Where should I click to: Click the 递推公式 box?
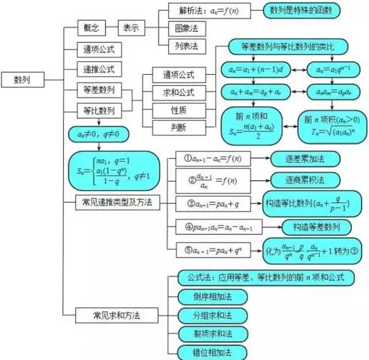point(99,70)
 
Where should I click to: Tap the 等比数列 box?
point(99,110)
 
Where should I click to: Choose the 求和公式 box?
point(178,92)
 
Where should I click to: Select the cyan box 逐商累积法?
point(305,180)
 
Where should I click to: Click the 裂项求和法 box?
point(212,334)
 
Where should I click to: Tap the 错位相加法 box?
point(212,352)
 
